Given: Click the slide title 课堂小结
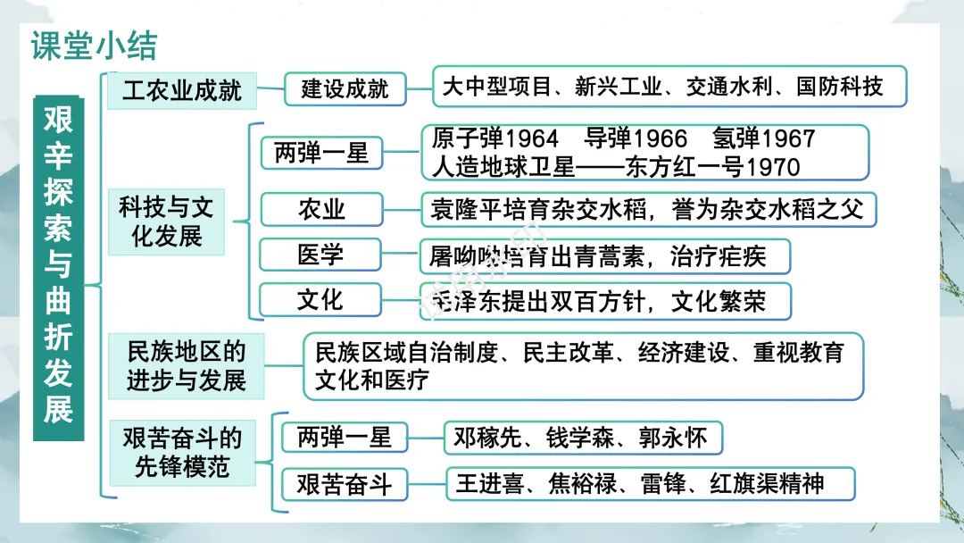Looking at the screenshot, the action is coord(94,46).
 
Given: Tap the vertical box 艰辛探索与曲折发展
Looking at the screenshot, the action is coord(58,268).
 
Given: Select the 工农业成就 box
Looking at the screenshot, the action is coord(182,90).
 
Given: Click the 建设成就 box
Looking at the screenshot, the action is coord(345,89).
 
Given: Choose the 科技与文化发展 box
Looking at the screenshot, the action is coord(167,222).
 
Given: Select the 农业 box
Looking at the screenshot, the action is coord(321,209).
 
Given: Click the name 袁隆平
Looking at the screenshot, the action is coord(465,209).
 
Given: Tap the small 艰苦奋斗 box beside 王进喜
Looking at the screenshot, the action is coord(345,485).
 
